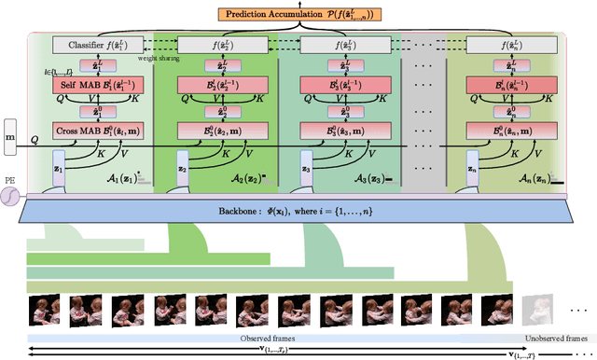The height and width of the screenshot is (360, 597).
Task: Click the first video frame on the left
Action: (45, 308)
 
